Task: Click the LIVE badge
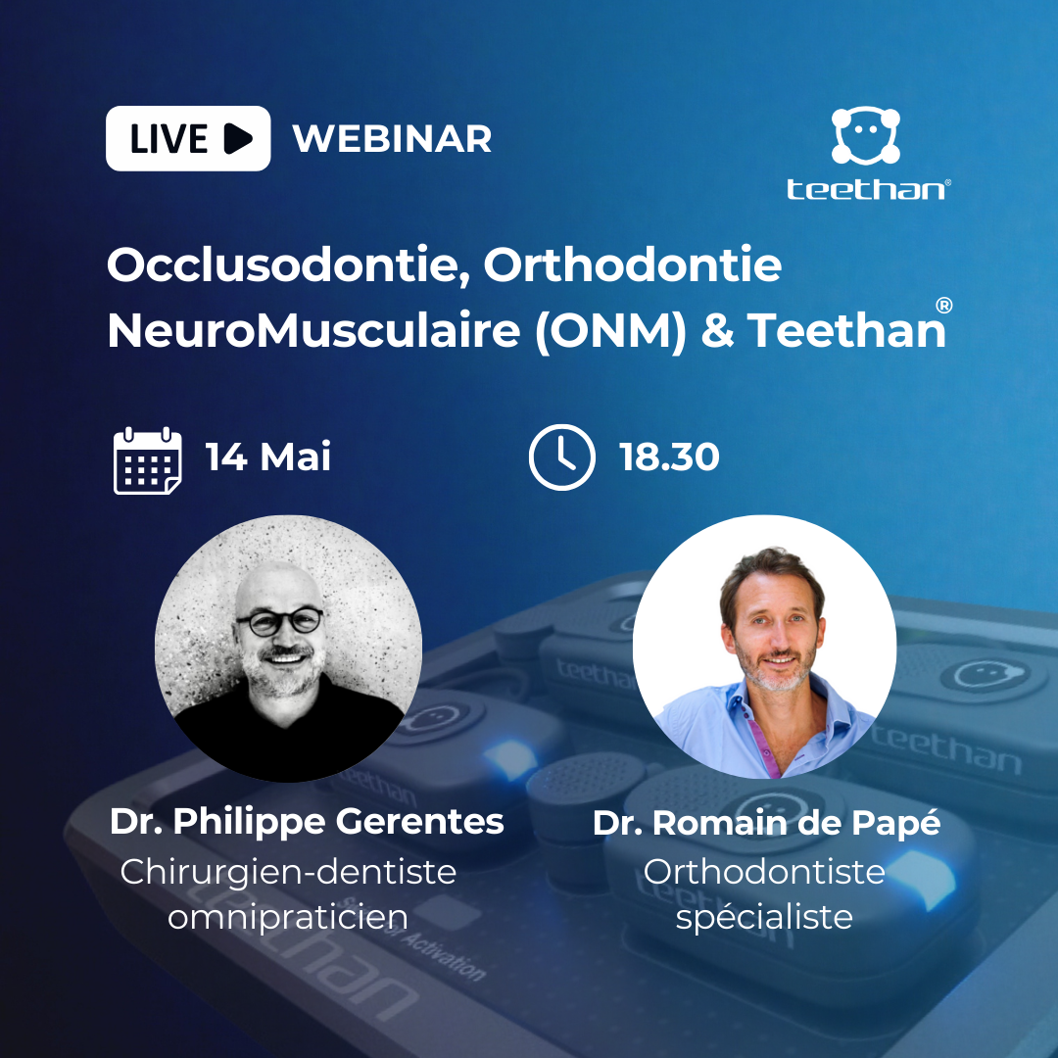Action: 188,138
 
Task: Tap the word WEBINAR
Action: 392,139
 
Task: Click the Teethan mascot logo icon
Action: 866,135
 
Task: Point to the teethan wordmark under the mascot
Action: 869,189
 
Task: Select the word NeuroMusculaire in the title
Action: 313,330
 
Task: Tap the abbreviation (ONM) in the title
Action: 610,331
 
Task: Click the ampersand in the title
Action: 717,331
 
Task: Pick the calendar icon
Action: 148,460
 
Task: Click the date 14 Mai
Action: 268,457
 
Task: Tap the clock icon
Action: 562,457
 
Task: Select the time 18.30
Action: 669,457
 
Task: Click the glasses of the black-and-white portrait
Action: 278,621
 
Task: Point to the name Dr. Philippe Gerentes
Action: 307,822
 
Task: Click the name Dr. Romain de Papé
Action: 766,823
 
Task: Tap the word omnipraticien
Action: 288,917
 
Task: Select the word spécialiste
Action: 764,917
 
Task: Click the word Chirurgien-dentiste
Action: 289,872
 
